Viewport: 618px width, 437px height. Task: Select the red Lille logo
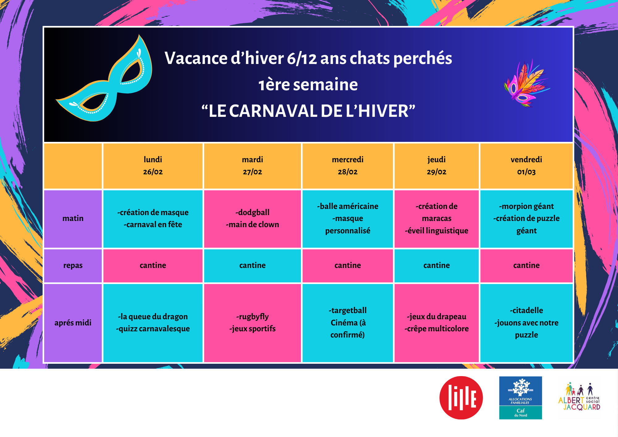(461, 398)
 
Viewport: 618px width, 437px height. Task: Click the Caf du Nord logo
(521, 398)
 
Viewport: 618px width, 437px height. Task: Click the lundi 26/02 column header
(153, 166)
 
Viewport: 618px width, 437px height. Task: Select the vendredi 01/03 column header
(526, 166)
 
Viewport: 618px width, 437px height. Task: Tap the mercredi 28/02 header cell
(348, 166)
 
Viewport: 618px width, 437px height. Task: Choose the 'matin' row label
(73, 218)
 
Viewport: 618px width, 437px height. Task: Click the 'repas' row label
(73, 265)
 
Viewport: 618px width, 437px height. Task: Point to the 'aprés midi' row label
(73, 323)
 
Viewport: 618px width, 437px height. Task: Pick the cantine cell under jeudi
(437, 265)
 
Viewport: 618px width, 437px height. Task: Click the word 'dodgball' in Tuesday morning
(253, 213)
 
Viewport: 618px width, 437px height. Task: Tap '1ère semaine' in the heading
(308, 85)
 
